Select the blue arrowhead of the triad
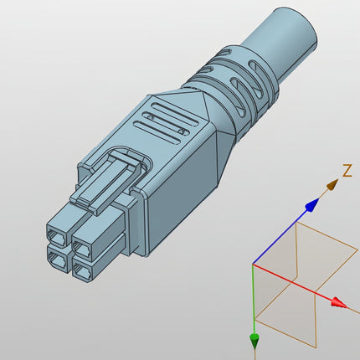pyautogui.click(x=312, y=203)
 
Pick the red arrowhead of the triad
pyautogui.click(x=338, y=303)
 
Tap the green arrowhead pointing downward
pyautogui.click(x=254, y=340)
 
